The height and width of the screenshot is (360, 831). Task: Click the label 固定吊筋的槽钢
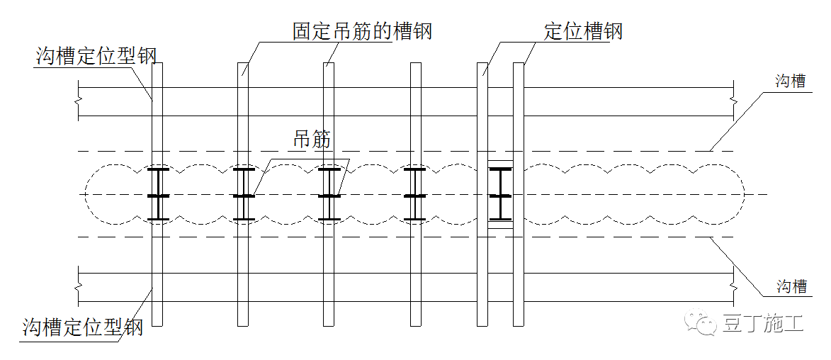click(x=361, y=32)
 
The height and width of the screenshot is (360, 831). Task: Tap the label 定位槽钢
click(x=583, y=32)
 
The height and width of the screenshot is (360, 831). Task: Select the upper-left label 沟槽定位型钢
click(x=96, y=56)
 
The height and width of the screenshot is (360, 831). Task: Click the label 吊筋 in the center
click(x=312, y=140)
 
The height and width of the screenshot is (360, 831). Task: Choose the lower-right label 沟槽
click(x=791, y=286)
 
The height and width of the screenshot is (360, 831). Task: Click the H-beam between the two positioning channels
click(x=500, y=193)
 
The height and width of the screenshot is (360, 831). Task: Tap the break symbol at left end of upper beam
click(x=78, y=101)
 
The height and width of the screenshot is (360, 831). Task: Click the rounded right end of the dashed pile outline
click(x=742, y=193)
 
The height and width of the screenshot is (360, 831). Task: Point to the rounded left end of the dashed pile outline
click(x=86, y=193)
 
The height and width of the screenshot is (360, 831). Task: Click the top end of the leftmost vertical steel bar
click(x=157, y=64)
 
